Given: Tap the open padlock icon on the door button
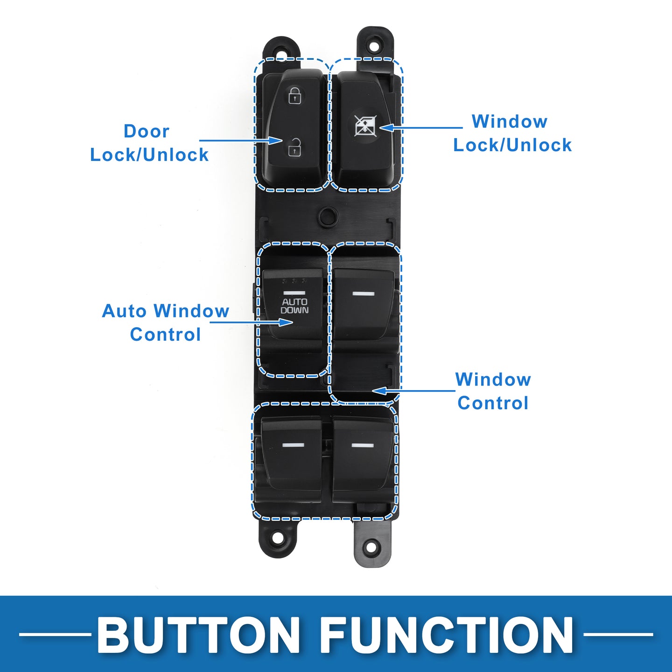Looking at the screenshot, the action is (294, 147).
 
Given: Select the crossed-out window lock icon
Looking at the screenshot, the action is (364, 126).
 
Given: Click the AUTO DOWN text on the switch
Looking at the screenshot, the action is (294, 306).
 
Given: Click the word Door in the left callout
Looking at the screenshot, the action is (147, 132).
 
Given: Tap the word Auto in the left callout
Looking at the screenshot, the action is (125, 311).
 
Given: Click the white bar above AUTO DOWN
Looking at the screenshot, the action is (294, 293).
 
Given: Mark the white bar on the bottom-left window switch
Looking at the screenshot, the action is (293, 445).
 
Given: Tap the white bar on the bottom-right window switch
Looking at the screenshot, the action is (362, 445).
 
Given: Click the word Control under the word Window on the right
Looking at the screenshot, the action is (493, 403).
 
